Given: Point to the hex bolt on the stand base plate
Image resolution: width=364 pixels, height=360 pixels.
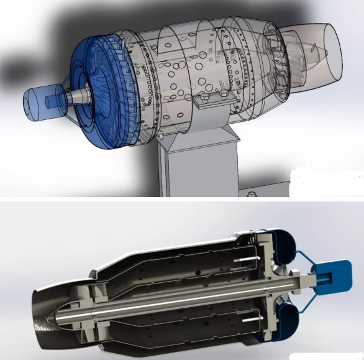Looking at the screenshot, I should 252,194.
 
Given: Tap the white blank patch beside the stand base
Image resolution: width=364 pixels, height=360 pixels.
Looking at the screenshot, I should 326,183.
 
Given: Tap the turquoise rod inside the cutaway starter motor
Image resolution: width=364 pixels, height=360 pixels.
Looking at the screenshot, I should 324,279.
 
